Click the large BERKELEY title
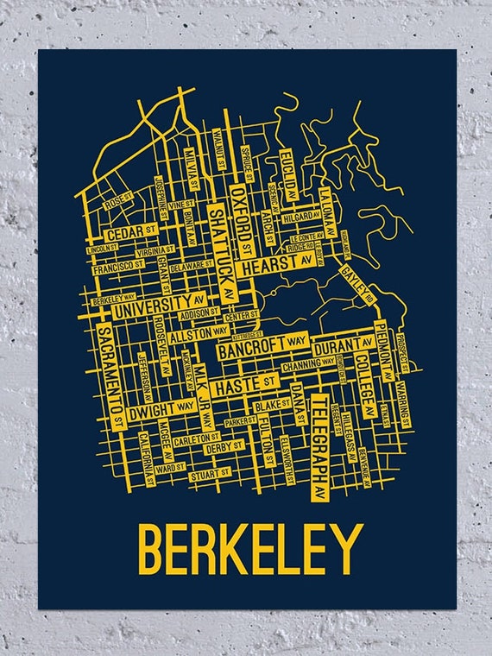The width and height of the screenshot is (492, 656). (249, 549)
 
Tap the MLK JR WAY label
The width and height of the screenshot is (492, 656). (203, 396)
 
